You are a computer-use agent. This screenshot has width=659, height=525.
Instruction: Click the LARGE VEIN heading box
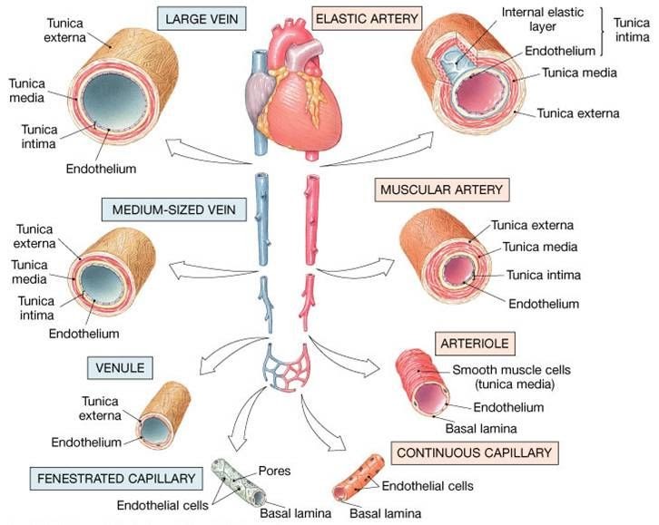tap(202, 19)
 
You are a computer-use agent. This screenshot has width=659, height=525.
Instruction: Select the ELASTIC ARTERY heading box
tap(367, 19)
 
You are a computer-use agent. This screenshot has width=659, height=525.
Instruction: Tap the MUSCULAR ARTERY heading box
tap(442, 190)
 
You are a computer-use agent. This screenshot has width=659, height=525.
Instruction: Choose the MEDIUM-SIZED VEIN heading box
tap(174, 209)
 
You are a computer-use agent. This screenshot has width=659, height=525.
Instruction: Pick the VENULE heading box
tap(120, 368)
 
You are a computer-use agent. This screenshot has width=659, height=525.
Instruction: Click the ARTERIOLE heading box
tap(475, 344)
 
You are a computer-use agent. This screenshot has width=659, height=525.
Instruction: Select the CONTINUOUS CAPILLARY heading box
tap(475, 452)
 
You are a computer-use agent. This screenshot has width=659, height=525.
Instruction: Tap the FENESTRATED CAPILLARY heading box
tap(116, 479)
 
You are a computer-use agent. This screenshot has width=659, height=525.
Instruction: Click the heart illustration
tap(292, 94)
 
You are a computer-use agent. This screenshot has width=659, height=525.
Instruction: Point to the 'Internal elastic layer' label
tap(543, 19)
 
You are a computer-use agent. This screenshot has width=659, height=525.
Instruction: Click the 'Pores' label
tap(274, 471)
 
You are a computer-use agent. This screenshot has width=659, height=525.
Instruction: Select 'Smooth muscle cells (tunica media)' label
tap(511, 377)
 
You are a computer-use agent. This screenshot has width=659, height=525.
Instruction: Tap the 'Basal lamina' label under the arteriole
tap(481, 429)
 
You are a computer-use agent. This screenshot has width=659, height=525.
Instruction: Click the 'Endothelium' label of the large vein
tap(102, 169)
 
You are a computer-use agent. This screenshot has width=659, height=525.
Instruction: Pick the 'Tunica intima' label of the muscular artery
tap(544, 275)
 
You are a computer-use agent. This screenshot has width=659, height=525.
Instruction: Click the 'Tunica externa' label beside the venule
tap(100, 408)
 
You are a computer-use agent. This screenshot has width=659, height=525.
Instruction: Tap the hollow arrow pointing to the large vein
tap(209, 151)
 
